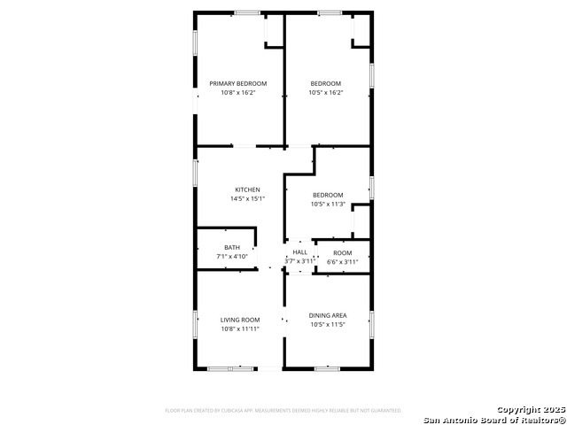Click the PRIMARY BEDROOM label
point(238,83)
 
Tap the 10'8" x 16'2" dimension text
point(238,92)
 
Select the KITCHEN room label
point(247,189)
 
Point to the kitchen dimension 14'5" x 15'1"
point(247,198)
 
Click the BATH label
point(231,247)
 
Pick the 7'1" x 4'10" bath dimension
point(231,256)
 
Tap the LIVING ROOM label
point(239,320)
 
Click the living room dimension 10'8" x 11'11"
point(239,328)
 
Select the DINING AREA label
point(327,315)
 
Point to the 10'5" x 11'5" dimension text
point(327,324)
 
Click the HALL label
point(300,252)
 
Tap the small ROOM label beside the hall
point(342,252)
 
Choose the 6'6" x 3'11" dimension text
point(342,261)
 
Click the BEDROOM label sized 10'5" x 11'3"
point(327,195)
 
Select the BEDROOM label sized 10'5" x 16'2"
point(326,83)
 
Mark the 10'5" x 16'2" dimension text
point(326,92)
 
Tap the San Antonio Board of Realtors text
point(493,420)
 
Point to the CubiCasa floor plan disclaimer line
point(283,410)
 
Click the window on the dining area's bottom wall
point(327,368)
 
